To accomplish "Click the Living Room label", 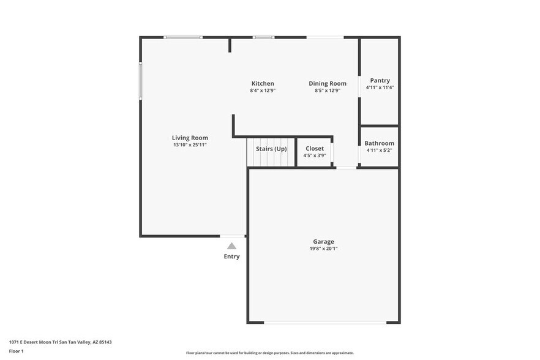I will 190,138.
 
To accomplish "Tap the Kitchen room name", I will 263,83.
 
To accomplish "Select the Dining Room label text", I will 328,83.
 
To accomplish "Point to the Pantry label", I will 380,80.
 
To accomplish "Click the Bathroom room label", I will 379,143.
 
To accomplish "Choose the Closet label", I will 315,148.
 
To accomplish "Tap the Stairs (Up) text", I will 271,149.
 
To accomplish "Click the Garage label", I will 323,241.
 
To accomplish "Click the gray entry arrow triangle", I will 231,246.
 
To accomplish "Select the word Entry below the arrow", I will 231,257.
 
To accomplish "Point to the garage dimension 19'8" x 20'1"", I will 323,249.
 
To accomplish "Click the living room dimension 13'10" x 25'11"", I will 190,145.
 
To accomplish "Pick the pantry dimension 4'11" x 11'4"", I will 380,88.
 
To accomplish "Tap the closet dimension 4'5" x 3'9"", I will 315,156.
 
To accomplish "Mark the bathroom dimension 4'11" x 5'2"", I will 379,151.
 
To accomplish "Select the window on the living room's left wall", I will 140,80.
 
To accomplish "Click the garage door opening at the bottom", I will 324,322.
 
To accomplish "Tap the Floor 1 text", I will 16,351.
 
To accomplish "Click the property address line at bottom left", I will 60,342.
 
